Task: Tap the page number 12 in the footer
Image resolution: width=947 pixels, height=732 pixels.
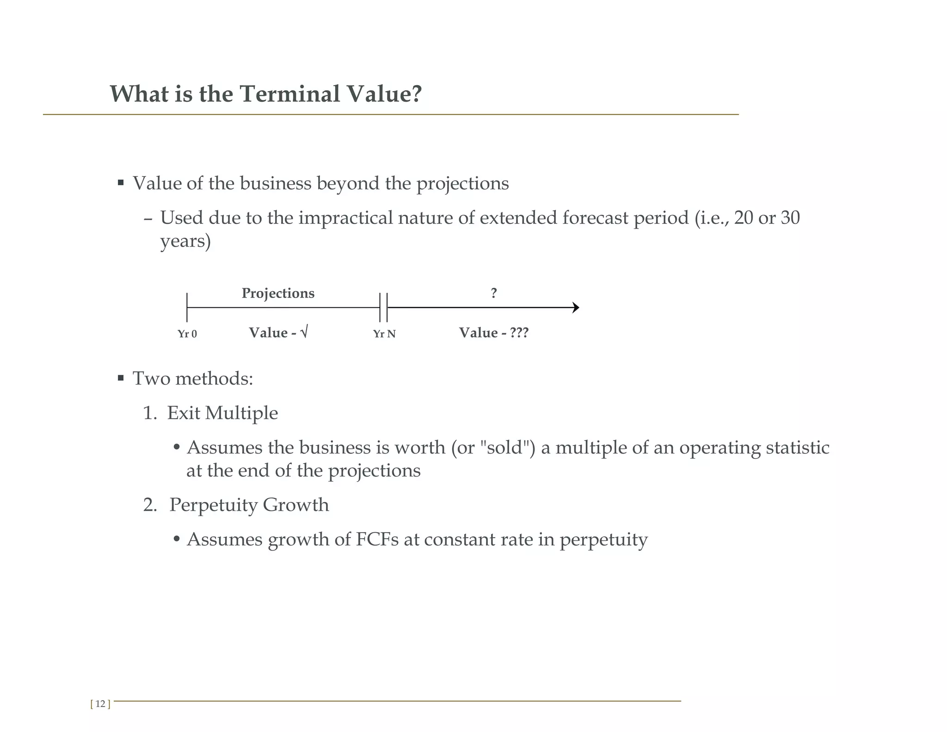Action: point(100,704)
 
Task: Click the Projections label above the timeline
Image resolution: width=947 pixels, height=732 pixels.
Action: point(278,293)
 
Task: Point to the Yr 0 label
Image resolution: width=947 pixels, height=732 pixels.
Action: point(187,334)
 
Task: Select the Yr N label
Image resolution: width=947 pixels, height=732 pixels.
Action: point(384,334)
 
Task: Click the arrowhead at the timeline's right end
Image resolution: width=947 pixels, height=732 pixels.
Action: point(576,308)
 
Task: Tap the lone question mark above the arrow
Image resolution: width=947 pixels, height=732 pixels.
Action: point(494,293)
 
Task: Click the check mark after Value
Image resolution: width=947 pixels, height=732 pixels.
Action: point(304,333)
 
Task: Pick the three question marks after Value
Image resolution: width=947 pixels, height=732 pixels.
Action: point(519,333)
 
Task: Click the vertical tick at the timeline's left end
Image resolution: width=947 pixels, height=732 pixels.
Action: point(187,307)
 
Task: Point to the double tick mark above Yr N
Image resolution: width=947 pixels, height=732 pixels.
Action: point(383,307)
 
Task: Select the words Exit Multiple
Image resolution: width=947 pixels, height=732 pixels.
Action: point(222,413)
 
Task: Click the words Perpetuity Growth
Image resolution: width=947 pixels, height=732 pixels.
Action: point(249,505)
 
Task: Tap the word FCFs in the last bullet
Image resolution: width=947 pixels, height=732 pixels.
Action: point(377,540)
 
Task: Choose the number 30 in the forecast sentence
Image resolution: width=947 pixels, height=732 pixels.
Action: point(790,218)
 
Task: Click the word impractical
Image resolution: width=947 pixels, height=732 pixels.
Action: point(345,218)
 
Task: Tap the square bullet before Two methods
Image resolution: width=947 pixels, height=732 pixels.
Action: point(121,378)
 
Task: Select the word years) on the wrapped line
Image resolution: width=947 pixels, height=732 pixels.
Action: point(185,241)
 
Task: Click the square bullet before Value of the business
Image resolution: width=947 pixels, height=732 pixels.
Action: point(121,183)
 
